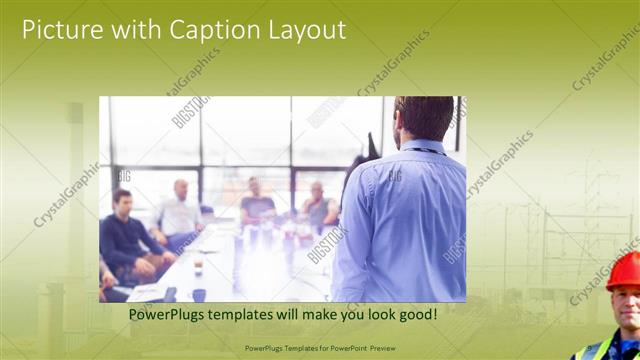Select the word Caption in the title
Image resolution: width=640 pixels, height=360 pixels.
pyautogui.click(x=205, y=31)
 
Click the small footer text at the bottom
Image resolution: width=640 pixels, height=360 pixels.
pyautogui.click(x=319, y=348)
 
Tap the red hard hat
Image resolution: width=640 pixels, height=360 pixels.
pyautogui.click(x=625, y=269)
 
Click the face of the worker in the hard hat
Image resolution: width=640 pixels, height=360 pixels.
pyautogui.click(x=626, y=306)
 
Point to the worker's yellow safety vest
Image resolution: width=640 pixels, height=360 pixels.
pyautogui.click(x=593, y=349)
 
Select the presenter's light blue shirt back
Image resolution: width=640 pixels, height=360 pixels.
pyautogui.click(x=405, y=220)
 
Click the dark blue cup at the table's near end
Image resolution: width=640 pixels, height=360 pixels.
pyautogui.click(x=199, y=295)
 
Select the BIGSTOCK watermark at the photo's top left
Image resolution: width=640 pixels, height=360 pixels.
pyautogui.click(x=190, y=111)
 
